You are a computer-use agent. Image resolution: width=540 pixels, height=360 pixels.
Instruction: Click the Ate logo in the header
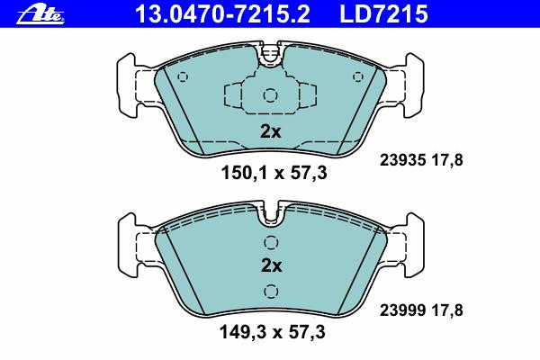click(40, 15)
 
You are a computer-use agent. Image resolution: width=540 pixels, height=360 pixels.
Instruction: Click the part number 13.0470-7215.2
click(223, 13)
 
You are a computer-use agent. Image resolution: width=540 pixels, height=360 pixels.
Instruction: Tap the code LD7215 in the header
click(383, 13)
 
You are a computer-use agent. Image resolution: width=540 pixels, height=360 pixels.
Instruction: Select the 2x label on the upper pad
click(271, 131)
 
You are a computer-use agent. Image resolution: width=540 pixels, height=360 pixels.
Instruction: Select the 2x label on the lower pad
click(272, 265)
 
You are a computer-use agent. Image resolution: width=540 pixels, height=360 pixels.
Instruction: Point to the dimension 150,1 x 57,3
click(274, 173)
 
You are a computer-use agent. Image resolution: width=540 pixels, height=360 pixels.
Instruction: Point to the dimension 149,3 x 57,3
click(273, 332)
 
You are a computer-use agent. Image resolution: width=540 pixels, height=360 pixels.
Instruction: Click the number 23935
click(402, 160)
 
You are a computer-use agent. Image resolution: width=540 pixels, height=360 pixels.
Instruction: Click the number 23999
click(402, 310)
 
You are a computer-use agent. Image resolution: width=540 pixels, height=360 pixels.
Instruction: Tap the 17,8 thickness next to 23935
click(447, 160)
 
